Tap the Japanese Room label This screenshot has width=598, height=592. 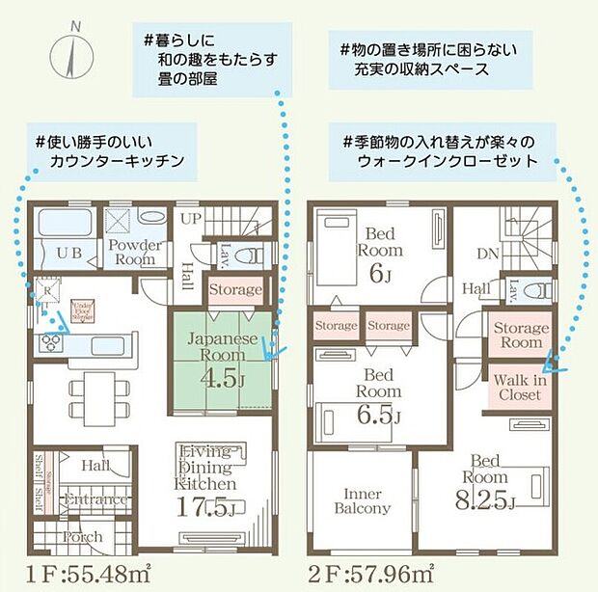[222, 348]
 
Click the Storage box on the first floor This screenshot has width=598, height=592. [235, 289]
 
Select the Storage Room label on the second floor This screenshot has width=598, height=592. [521, 335]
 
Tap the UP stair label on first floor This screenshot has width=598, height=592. [191, 220]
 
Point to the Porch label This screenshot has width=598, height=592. [83, 537]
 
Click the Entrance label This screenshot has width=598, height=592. [95, 498]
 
